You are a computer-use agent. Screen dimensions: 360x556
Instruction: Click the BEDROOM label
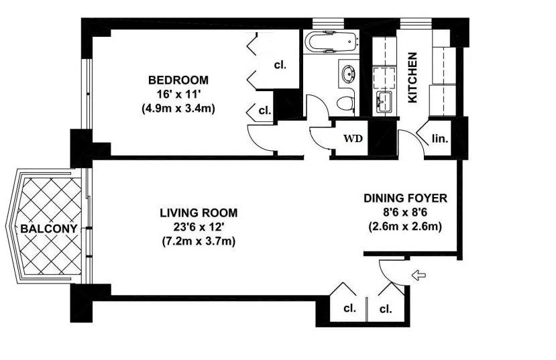(x=178, y=80)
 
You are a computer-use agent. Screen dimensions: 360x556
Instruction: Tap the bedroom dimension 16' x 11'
(x=178, y=94)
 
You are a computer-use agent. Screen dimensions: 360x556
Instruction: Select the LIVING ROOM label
(x=199, y=213)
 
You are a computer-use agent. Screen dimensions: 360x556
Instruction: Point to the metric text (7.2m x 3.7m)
(x=199, y=240)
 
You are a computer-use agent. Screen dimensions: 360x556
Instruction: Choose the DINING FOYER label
(x=405, y=198)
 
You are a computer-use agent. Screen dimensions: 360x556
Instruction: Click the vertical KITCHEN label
(x=413, y=78)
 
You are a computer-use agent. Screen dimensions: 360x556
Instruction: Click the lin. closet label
(x=440, y=139)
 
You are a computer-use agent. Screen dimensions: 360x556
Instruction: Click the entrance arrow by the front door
(x=419, y=274)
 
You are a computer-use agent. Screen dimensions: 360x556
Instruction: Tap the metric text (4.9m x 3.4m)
(x=178, y=108)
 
